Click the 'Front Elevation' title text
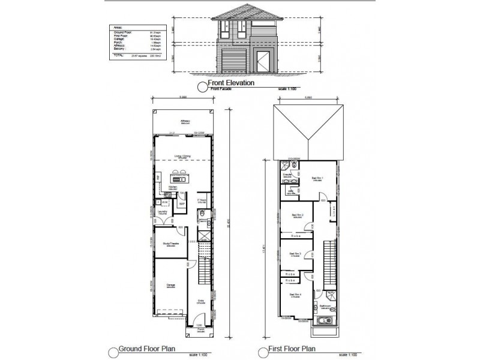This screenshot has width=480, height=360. [x=231, y=83]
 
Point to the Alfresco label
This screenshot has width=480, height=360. [x=184, y=122]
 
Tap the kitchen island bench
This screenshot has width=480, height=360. [x=179, y=178]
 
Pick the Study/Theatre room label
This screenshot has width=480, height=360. [x=170, y=244]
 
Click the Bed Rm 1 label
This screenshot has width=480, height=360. [x=317, y=178]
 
